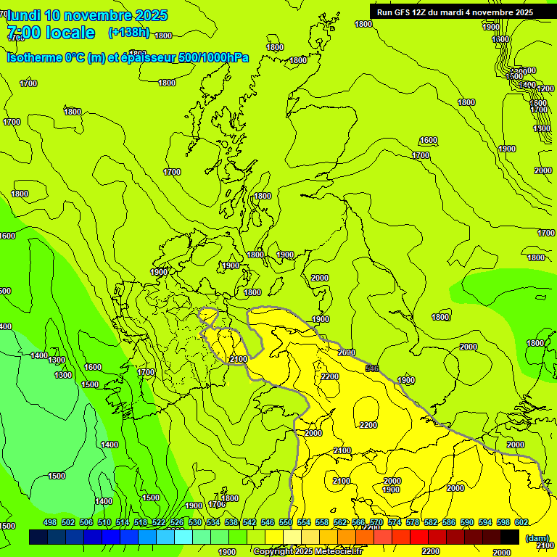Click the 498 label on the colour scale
pyautogui.click(x=50, y=523)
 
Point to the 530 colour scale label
pyautogui.click(x=195, y=523)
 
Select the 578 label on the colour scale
pyautogui.click(x=413, y=523)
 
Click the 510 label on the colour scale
pyautogui.click(x=104, y=523)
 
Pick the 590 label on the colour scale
pyautogui.click(x=467, y=523)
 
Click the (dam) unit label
pyautogui.click(x=537, y=538)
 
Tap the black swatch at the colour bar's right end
pyautogui.click(x=510, y=537)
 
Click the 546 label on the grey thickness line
pyautogui.click(x=372, y=368)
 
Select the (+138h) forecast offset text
pyautogui.click(x=128, y=32)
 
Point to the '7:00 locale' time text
pyautogui.click(x=51, y=33)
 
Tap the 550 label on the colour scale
pyautogui.click(x=286, y=523)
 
